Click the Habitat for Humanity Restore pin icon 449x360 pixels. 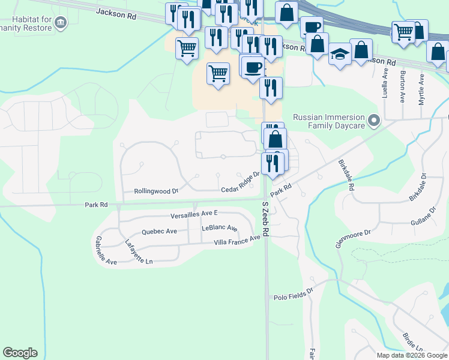(60, 23)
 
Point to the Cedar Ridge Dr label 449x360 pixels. (240, 182)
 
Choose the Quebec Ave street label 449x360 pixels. (159, 231)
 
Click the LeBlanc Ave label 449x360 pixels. (220, 228)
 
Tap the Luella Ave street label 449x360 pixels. (385, 86)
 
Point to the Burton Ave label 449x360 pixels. (403, 85)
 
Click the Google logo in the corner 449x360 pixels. (20, 352)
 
